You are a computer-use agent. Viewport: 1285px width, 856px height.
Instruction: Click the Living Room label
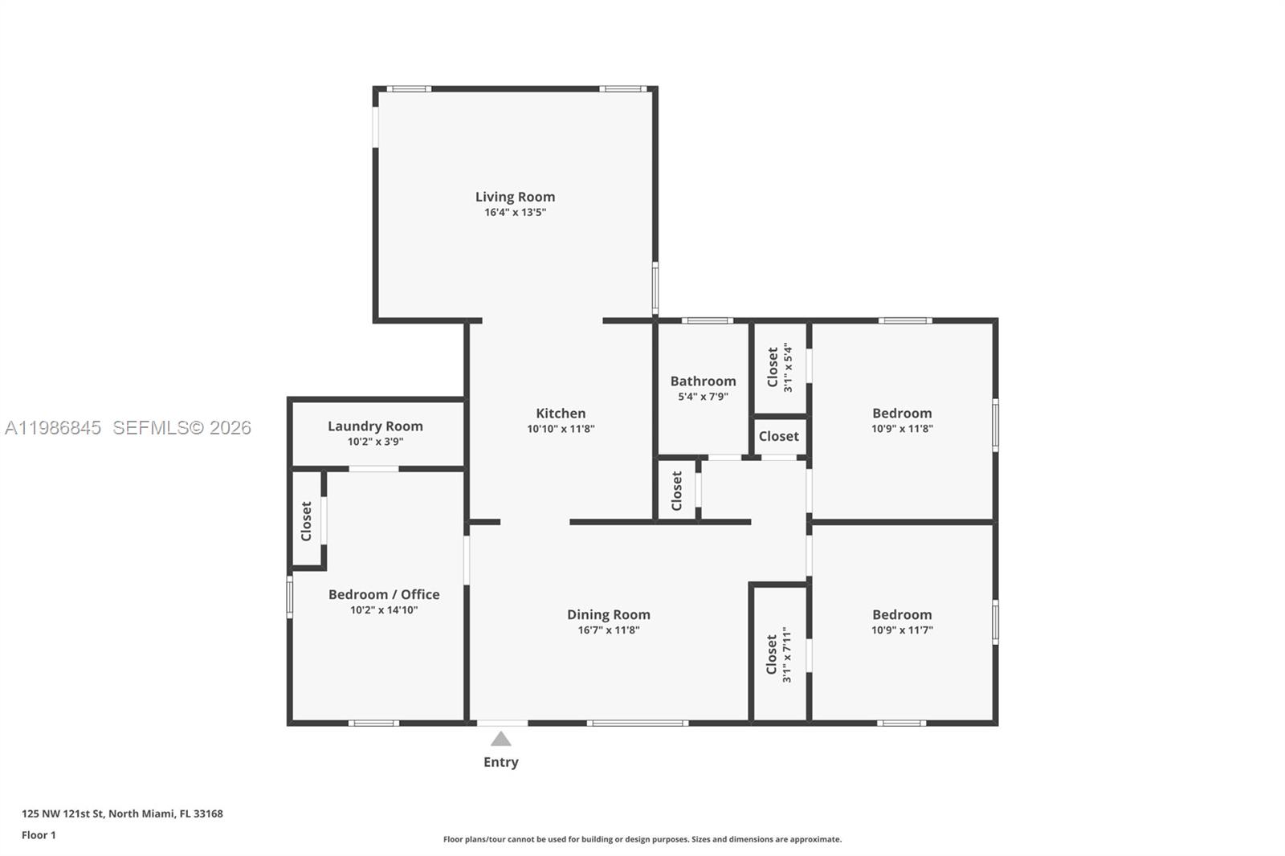pyautogui.click(x=515, y=197)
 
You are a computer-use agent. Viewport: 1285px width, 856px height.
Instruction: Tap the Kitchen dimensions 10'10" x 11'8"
pyautogui.click(x=561, y=429)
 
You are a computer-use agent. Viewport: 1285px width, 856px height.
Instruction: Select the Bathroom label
pyautogui.click(x=703, y=381)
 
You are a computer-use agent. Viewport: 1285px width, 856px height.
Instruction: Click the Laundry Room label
pyautogui.click(x=375, y=426)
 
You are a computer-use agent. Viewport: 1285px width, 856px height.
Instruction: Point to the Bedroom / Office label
pyautogui.click(x=384, y=594)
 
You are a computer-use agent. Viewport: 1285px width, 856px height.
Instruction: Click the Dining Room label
pyautogui.click(x=608, y=614)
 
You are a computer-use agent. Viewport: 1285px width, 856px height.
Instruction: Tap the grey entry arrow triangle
pyautogui.click(x=500, y=739)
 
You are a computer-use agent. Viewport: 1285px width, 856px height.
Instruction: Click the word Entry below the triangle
pyautogui.click(x=500, y=762)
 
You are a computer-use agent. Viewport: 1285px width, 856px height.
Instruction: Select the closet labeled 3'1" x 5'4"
pyautogui.click(x=779, y=368)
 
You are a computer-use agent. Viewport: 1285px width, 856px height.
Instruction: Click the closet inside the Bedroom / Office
pyautogui.click(x=306, y=520)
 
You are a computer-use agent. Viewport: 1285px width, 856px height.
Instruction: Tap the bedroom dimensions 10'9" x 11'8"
pyautogui.click(x=902, y=429)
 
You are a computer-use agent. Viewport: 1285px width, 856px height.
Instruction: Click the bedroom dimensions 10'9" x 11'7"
pyautogui.click(x=902, y=630)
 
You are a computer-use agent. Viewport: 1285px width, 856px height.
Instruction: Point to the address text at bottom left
pyautogui.click(x=122, y=813)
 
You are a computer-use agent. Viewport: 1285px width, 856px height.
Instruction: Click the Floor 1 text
pyautogui.click(x=39, y=835)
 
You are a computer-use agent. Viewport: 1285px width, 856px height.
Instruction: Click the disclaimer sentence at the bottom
pyautogui.click(x=642, y=839)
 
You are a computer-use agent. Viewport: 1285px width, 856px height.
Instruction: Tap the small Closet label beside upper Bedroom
pyautogui.click(x=778, y=436)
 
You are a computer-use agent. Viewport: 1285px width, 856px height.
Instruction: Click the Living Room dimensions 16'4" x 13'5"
pyautogui.click(x=515, y=213)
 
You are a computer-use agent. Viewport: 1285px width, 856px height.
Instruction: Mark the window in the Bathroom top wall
pyautogui.click(x=707, y=320)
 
